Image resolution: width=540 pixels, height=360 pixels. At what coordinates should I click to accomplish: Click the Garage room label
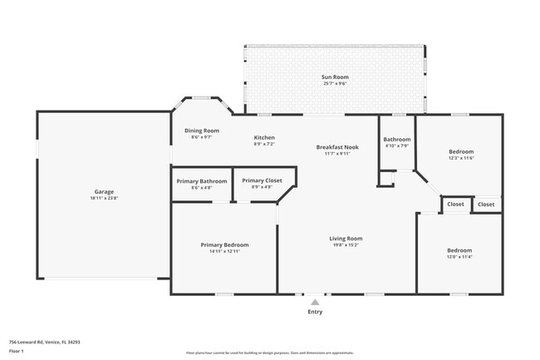pyautogui.click(x=104, y=192)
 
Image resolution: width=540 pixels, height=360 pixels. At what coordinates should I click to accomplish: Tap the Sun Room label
pyautogui.click(x=334, y=77)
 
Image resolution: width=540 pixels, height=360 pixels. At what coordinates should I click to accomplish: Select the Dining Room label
pyautogui.click(x=202, y=131)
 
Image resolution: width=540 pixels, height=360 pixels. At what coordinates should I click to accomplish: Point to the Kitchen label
pyautogui.click(x=264, y=138)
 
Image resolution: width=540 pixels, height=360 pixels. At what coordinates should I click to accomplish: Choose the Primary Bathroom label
pyautogui.click(x=202, y=181)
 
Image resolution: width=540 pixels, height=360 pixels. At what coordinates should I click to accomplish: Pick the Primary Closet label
pyautogui.click(x=262, y=180)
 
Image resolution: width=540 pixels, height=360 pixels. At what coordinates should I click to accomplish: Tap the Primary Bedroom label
pyautogui.click(x=224, y=245)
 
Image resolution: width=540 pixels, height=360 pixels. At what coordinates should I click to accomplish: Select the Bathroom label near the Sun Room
pyautogui.click(x=396, y=140)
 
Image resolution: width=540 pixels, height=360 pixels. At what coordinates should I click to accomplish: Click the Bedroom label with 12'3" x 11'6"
pyautogui.click(x=461, y=151)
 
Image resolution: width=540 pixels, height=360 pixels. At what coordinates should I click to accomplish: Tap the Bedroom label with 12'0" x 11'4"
pyautogui.click(x=459, y=250)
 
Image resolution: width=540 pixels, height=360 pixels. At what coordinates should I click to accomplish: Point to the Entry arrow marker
pyautogui.click(x=315, y=303)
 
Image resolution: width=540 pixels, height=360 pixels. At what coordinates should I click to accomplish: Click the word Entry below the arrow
pyautogui.click(x=315, y=313)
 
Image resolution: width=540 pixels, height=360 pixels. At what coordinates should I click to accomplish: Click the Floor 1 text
pyautogui.click(x=17, y=351)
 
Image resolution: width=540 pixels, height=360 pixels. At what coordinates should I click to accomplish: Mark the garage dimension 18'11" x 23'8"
pyautogui.click(x=104, y=199)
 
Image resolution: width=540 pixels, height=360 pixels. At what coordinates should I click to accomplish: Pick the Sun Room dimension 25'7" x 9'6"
pyautogui.click(x=334, y=84)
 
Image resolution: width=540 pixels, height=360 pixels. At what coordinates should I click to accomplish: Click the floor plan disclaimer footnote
pyautogui.click(x=269, y=353)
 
